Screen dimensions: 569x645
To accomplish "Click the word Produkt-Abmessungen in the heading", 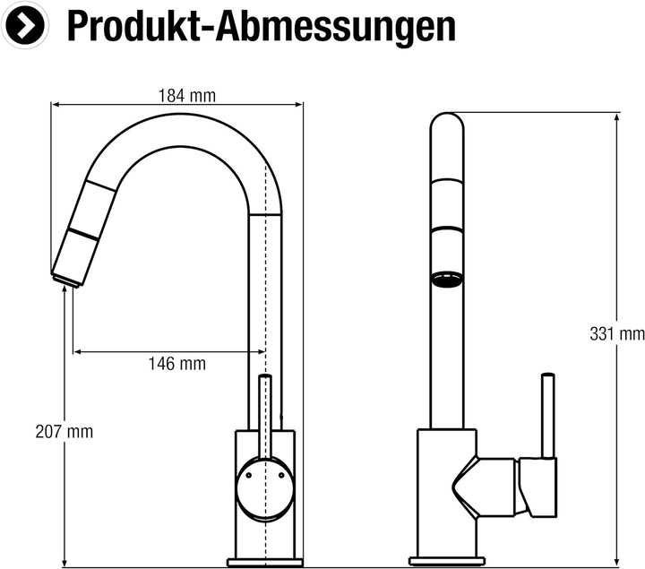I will [261, 27].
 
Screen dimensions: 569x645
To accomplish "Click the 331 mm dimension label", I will [617, 334].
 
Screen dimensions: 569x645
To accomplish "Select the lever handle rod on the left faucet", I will [265, 412].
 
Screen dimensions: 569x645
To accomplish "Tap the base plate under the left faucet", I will [264, 562].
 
